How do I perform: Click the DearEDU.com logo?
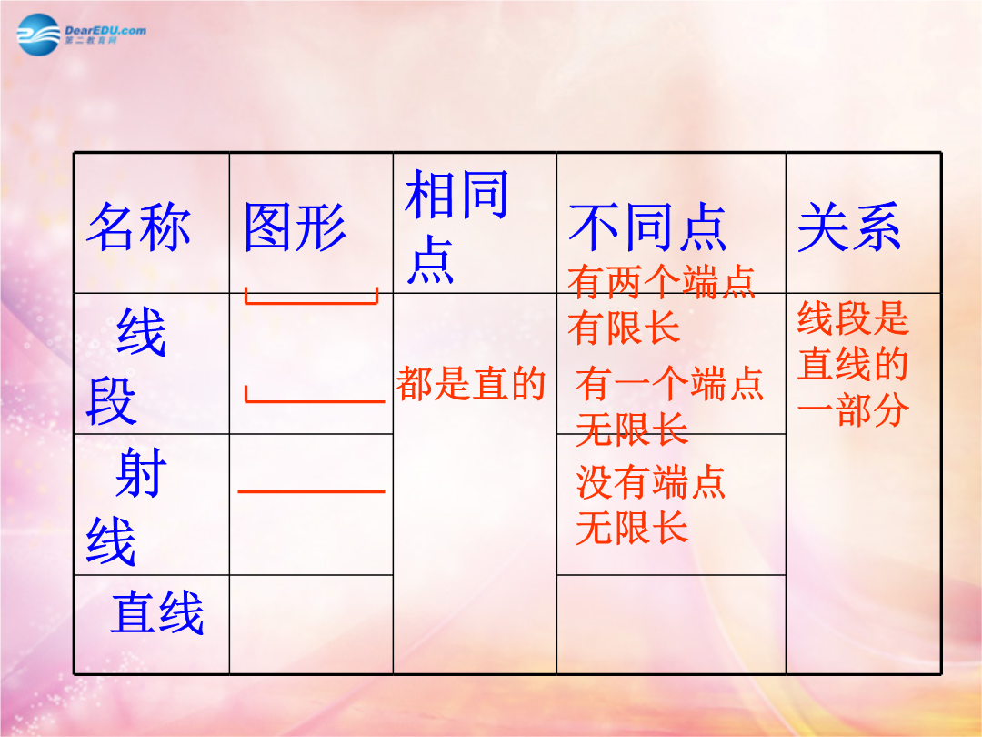click(x=82, y=35)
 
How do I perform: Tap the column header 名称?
click(x=139, y=227)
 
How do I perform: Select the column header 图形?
click(x=295, y=227)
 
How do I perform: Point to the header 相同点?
click(x=456, y=227)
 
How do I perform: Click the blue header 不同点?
click(x=647, y=227)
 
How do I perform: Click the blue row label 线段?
click(x=125, y=367)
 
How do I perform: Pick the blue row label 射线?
click(x=125, y=507)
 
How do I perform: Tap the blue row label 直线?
click(x=157, y=613)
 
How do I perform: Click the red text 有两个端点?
click(x=661, y=281)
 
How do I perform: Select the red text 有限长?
click(x=624, y=328)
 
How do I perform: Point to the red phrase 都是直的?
click(x=471, y=384)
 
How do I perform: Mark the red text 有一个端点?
click(x=669, y=384)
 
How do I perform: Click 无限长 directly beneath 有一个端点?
click(x=632, y=429)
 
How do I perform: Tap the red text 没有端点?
click(x=651, y=482)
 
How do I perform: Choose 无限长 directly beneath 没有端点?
click(x=632, y=528)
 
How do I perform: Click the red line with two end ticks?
click(x=311, y=303)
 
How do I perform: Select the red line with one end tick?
click(x=315, y=400)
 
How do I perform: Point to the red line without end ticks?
click(x=311, y=492)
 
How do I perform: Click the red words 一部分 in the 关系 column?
click(x=853, y=409)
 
